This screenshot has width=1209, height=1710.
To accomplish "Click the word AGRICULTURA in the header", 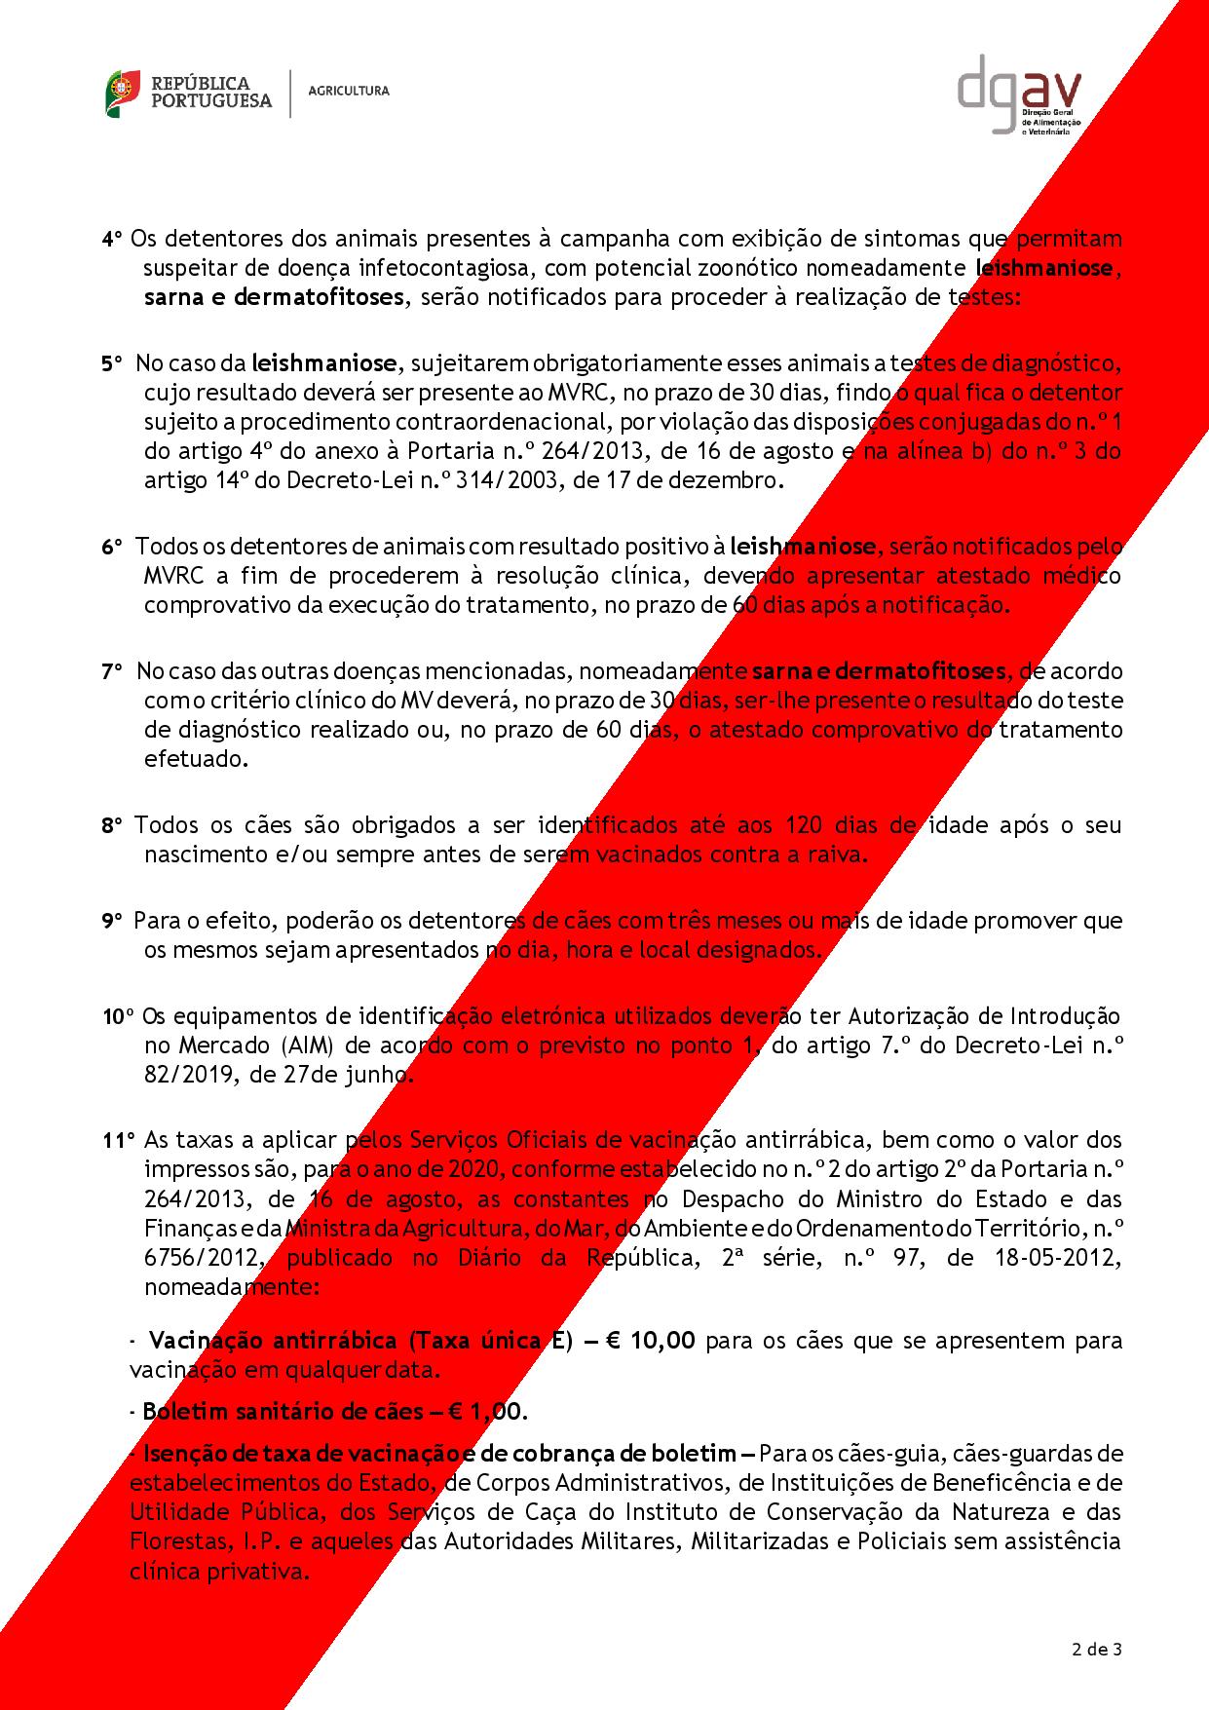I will point(348,91).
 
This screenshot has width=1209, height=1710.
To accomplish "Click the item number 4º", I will point(112,240).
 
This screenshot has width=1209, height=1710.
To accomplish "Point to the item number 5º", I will point(112,364).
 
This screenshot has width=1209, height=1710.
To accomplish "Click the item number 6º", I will point(112,548).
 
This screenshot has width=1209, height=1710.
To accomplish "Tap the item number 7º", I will point(112,672).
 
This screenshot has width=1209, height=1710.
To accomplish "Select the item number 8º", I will point(112,826).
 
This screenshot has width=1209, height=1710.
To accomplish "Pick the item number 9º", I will point(112,921).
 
